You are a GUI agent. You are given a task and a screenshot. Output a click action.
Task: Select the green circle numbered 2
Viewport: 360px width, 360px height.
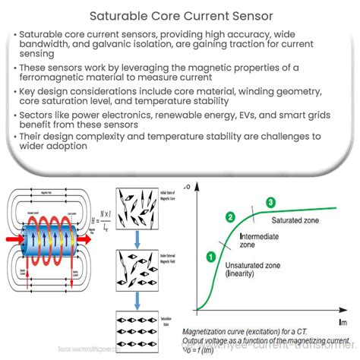tap(229, 216)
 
